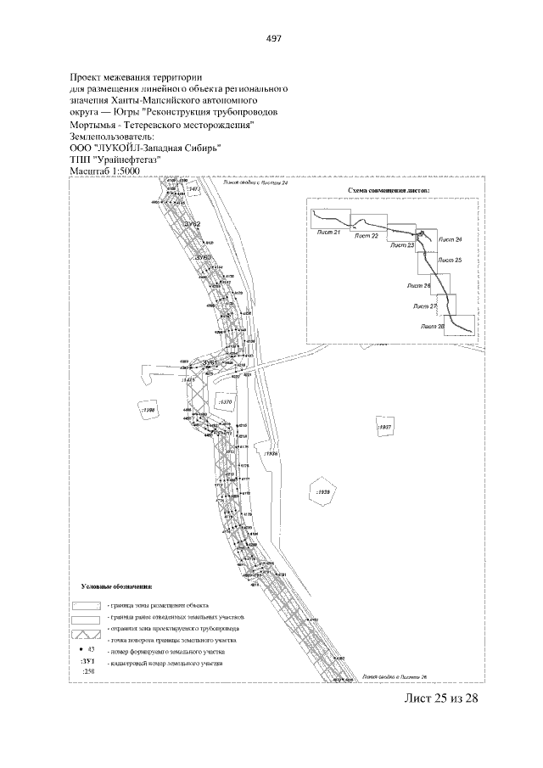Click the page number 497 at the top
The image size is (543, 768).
[x=273, y=39]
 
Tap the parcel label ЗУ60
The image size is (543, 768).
[x=201, y=255]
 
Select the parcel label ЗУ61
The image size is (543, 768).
[x=210, y=362]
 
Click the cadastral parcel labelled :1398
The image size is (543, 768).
[x=148, y=410]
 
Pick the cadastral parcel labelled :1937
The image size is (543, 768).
[x=383, y=428]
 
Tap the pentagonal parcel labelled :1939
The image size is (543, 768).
[x=322, y=492]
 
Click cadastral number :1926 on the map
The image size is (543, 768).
[x=271, y=454]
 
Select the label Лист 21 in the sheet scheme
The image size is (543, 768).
[x=325, y=232]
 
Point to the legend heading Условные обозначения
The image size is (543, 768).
[x=117, y=586]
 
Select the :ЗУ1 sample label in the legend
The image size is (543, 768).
[x=86, y=659]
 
